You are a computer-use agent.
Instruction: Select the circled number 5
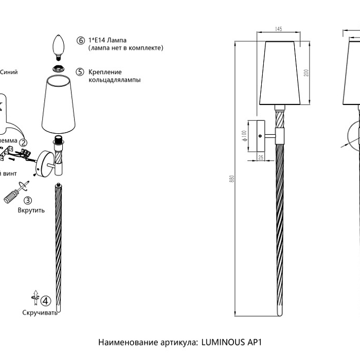pyautogui.click(x=80, y=72)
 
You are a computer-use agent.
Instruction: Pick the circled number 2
pyautogui.click(x=23, y=136)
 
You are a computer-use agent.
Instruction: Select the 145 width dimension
pyautogui.click(x=278, y=29)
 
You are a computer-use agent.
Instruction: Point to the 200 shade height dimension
pyautogui.click(x=306, y=73)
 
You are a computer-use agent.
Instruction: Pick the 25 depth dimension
pyautogui.click(x=261, y=157)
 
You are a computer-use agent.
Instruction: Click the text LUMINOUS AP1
pyautogui.click(x=232, y=341)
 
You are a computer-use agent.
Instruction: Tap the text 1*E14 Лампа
pyautogui.click(x=107, y=40)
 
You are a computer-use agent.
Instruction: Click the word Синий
pyautogui.click(x=9, y=72)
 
